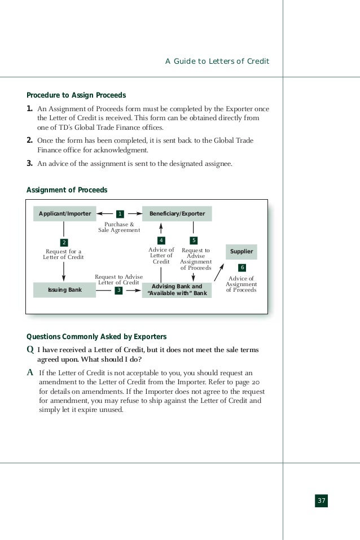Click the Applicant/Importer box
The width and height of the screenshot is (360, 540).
(64, 214)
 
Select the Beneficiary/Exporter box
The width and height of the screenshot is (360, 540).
(177, 214)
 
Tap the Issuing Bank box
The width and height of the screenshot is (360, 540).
(64, 290)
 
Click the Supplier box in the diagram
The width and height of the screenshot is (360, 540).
(242, 252)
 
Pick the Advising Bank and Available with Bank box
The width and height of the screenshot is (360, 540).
(177, 290)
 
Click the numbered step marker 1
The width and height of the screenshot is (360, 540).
(120, 214)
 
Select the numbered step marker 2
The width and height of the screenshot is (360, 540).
(64, 243)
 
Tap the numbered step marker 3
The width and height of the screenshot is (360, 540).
(118, 290)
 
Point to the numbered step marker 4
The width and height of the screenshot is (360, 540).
(161, 241)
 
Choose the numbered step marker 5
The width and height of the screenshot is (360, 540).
(194, 241)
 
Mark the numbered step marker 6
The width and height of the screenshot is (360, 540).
(242, 267)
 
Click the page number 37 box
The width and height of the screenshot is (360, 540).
(321, 501)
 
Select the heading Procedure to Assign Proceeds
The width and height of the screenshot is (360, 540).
(76, 95)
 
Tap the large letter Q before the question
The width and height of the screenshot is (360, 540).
(30, 350)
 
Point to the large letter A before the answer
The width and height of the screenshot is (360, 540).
(30, 373)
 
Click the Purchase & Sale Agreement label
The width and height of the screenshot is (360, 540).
(120, 227)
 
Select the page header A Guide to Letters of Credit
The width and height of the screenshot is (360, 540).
(217, 61)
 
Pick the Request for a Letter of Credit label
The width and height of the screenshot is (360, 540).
(63, 254)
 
